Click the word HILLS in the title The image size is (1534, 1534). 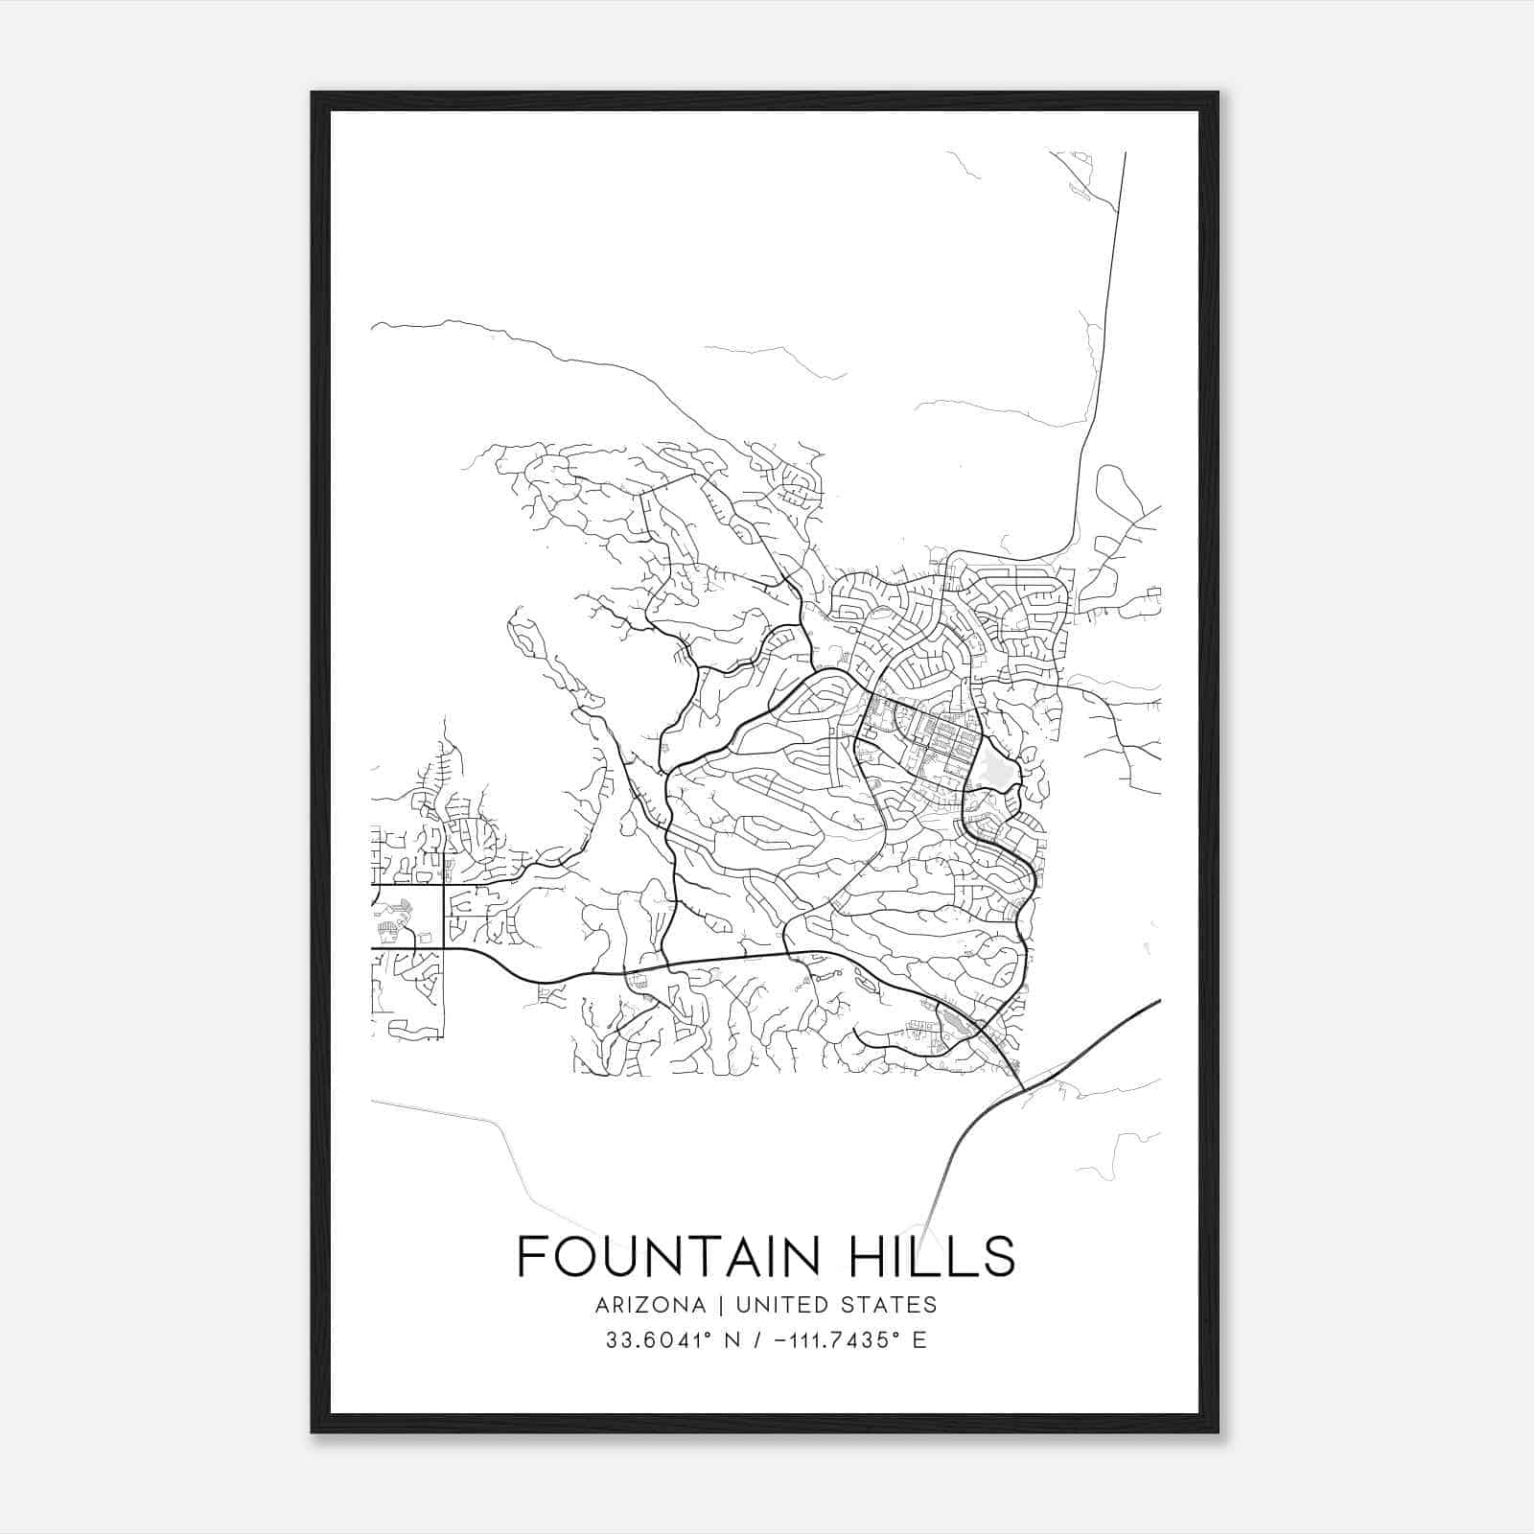point(931,1256)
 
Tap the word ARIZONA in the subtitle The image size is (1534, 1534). point(650,1305)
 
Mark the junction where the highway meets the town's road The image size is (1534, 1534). point(1025,1088)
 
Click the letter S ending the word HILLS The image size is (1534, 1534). point(1001,1256)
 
